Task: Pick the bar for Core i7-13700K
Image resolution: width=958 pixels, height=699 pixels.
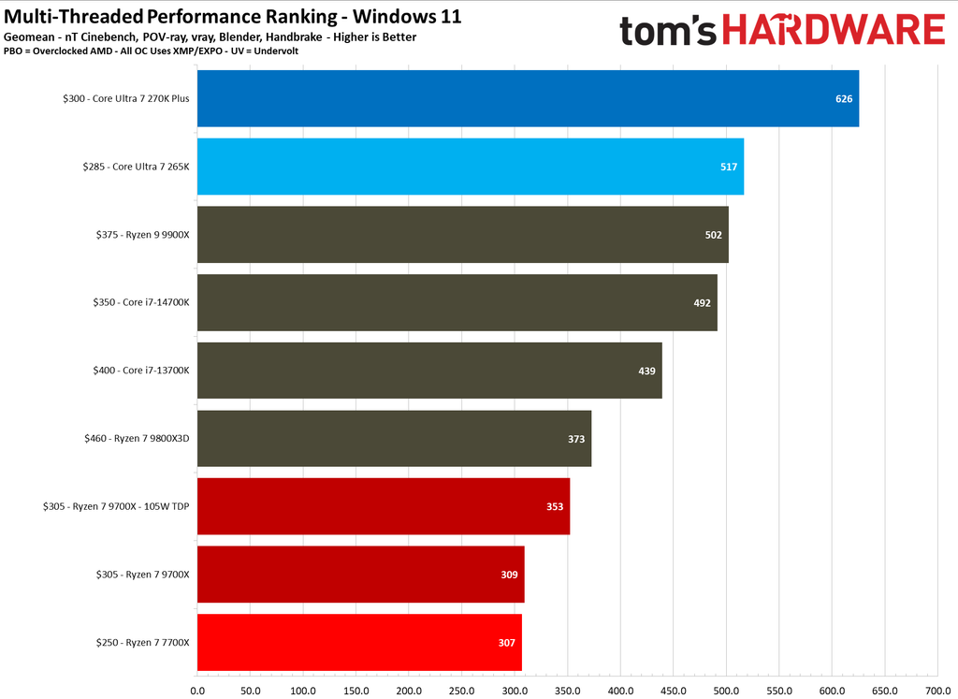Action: pos(429,371)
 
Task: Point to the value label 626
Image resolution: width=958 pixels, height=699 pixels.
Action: pos(844,98)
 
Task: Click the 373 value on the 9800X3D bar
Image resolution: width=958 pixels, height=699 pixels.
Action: pos(576,438)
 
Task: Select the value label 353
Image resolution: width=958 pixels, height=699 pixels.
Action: pos(555,506)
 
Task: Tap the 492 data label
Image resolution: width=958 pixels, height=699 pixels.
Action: pos(702,302)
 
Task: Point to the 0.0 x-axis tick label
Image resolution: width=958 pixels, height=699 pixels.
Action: pos(197,691)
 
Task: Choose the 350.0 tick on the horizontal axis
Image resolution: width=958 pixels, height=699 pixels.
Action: pos(568,691)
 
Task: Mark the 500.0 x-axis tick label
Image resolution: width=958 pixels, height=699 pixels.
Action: pos(726,691)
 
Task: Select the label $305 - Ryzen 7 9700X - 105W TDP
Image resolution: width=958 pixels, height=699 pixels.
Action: pos(116,506)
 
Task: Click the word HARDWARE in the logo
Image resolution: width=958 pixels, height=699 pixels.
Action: pos(834,31)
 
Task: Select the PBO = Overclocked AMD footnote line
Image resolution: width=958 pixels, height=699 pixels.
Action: pos(151,51)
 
